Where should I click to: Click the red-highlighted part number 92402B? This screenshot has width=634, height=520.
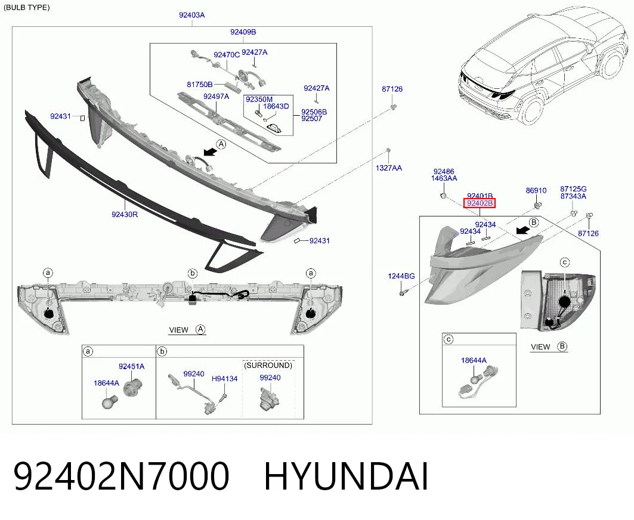(x=480, y=203)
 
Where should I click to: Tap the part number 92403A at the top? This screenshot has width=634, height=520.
(x=192, y=16)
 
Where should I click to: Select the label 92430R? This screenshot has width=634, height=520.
(x=125, y=214)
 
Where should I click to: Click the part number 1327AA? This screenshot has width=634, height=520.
(x=388, y=168)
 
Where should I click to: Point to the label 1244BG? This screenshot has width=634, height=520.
(x=401, y=276)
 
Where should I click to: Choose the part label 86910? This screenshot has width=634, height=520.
(x=536, y=190)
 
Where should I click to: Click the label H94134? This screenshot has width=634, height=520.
(x=224, y=379)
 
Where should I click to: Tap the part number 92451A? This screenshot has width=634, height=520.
(x=131, y=366)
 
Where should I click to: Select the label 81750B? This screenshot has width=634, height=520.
(x=200, y=85)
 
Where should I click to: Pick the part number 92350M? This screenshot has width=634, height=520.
(x=259, y=99)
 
